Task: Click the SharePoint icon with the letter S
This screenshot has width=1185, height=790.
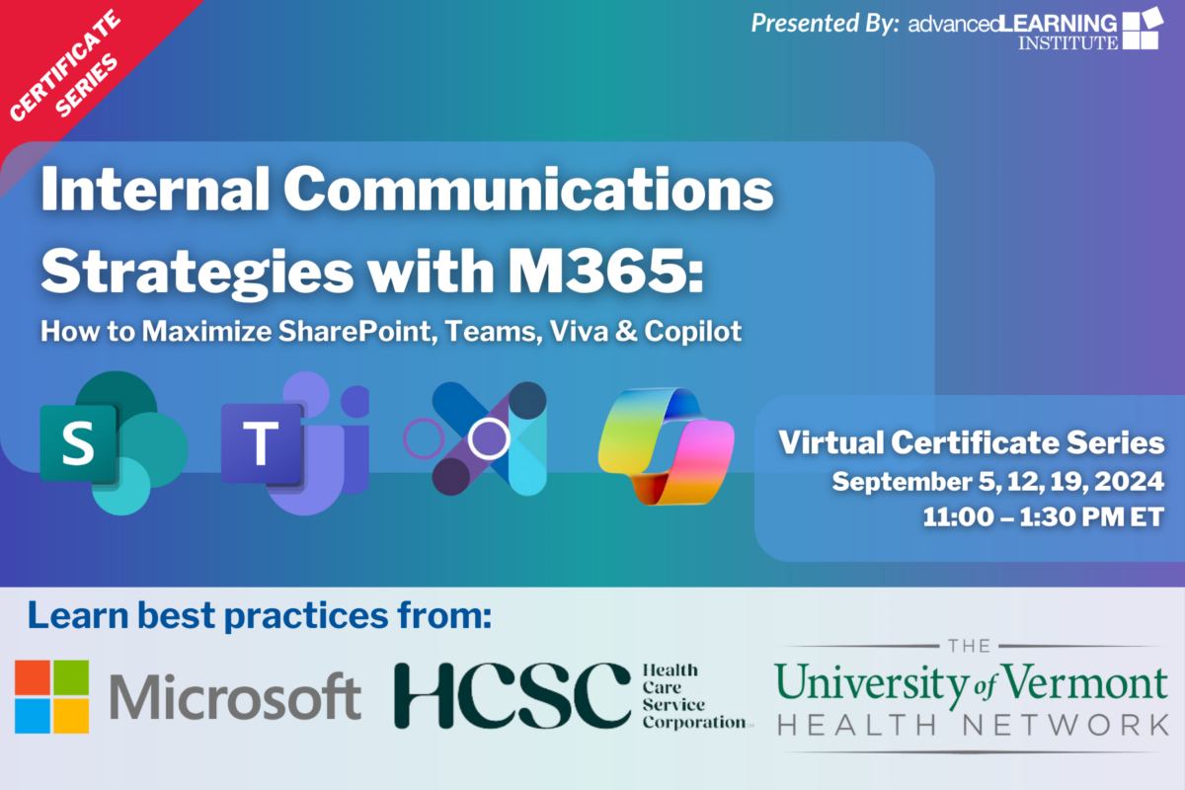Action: click(114, 442)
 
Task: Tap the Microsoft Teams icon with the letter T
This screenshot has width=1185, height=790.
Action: click(294, 442)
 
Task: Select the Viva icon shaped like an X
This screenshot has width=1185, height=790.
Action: click(476, 438)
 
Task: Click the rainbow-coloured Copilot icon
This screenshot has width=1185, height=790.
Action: click(666, 446)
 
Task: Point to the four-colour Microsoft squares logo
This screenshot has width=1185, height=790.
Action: click(51, 696)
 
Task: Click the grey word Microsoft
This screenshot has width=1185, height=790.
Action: click(235, 697)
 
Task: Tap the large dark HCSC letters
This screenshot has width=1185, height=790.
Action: click(513, 696)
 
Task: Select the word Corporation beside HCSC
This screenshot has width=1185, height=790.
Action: click(694, 722)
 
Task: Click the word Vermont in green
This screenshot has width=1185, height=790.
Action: click(1085, 682)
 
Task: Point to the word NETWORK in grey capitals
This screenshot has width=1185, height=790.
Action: click(1066, 725)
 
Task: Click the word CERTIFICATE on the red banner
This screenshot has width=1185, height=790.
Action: click(64, 65)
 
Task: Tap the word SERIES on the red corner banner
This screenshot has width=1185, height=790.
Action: click(86, 85)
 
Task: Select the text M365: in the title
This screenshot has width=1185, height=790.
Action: click(605, 272)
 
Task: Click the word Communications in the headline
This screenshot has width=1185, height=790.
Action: click(528, 190)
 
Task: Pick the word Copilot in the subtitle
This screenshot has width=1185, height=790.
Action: click(693, 333)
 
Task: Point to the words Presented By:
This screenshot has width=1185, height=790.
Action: click(826, 24)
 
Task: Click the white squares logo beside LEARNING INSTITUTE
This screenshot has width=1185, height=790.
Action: click(1143, 29)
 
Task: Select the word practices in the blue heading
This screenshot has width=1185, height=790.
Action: click(306, 617)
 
